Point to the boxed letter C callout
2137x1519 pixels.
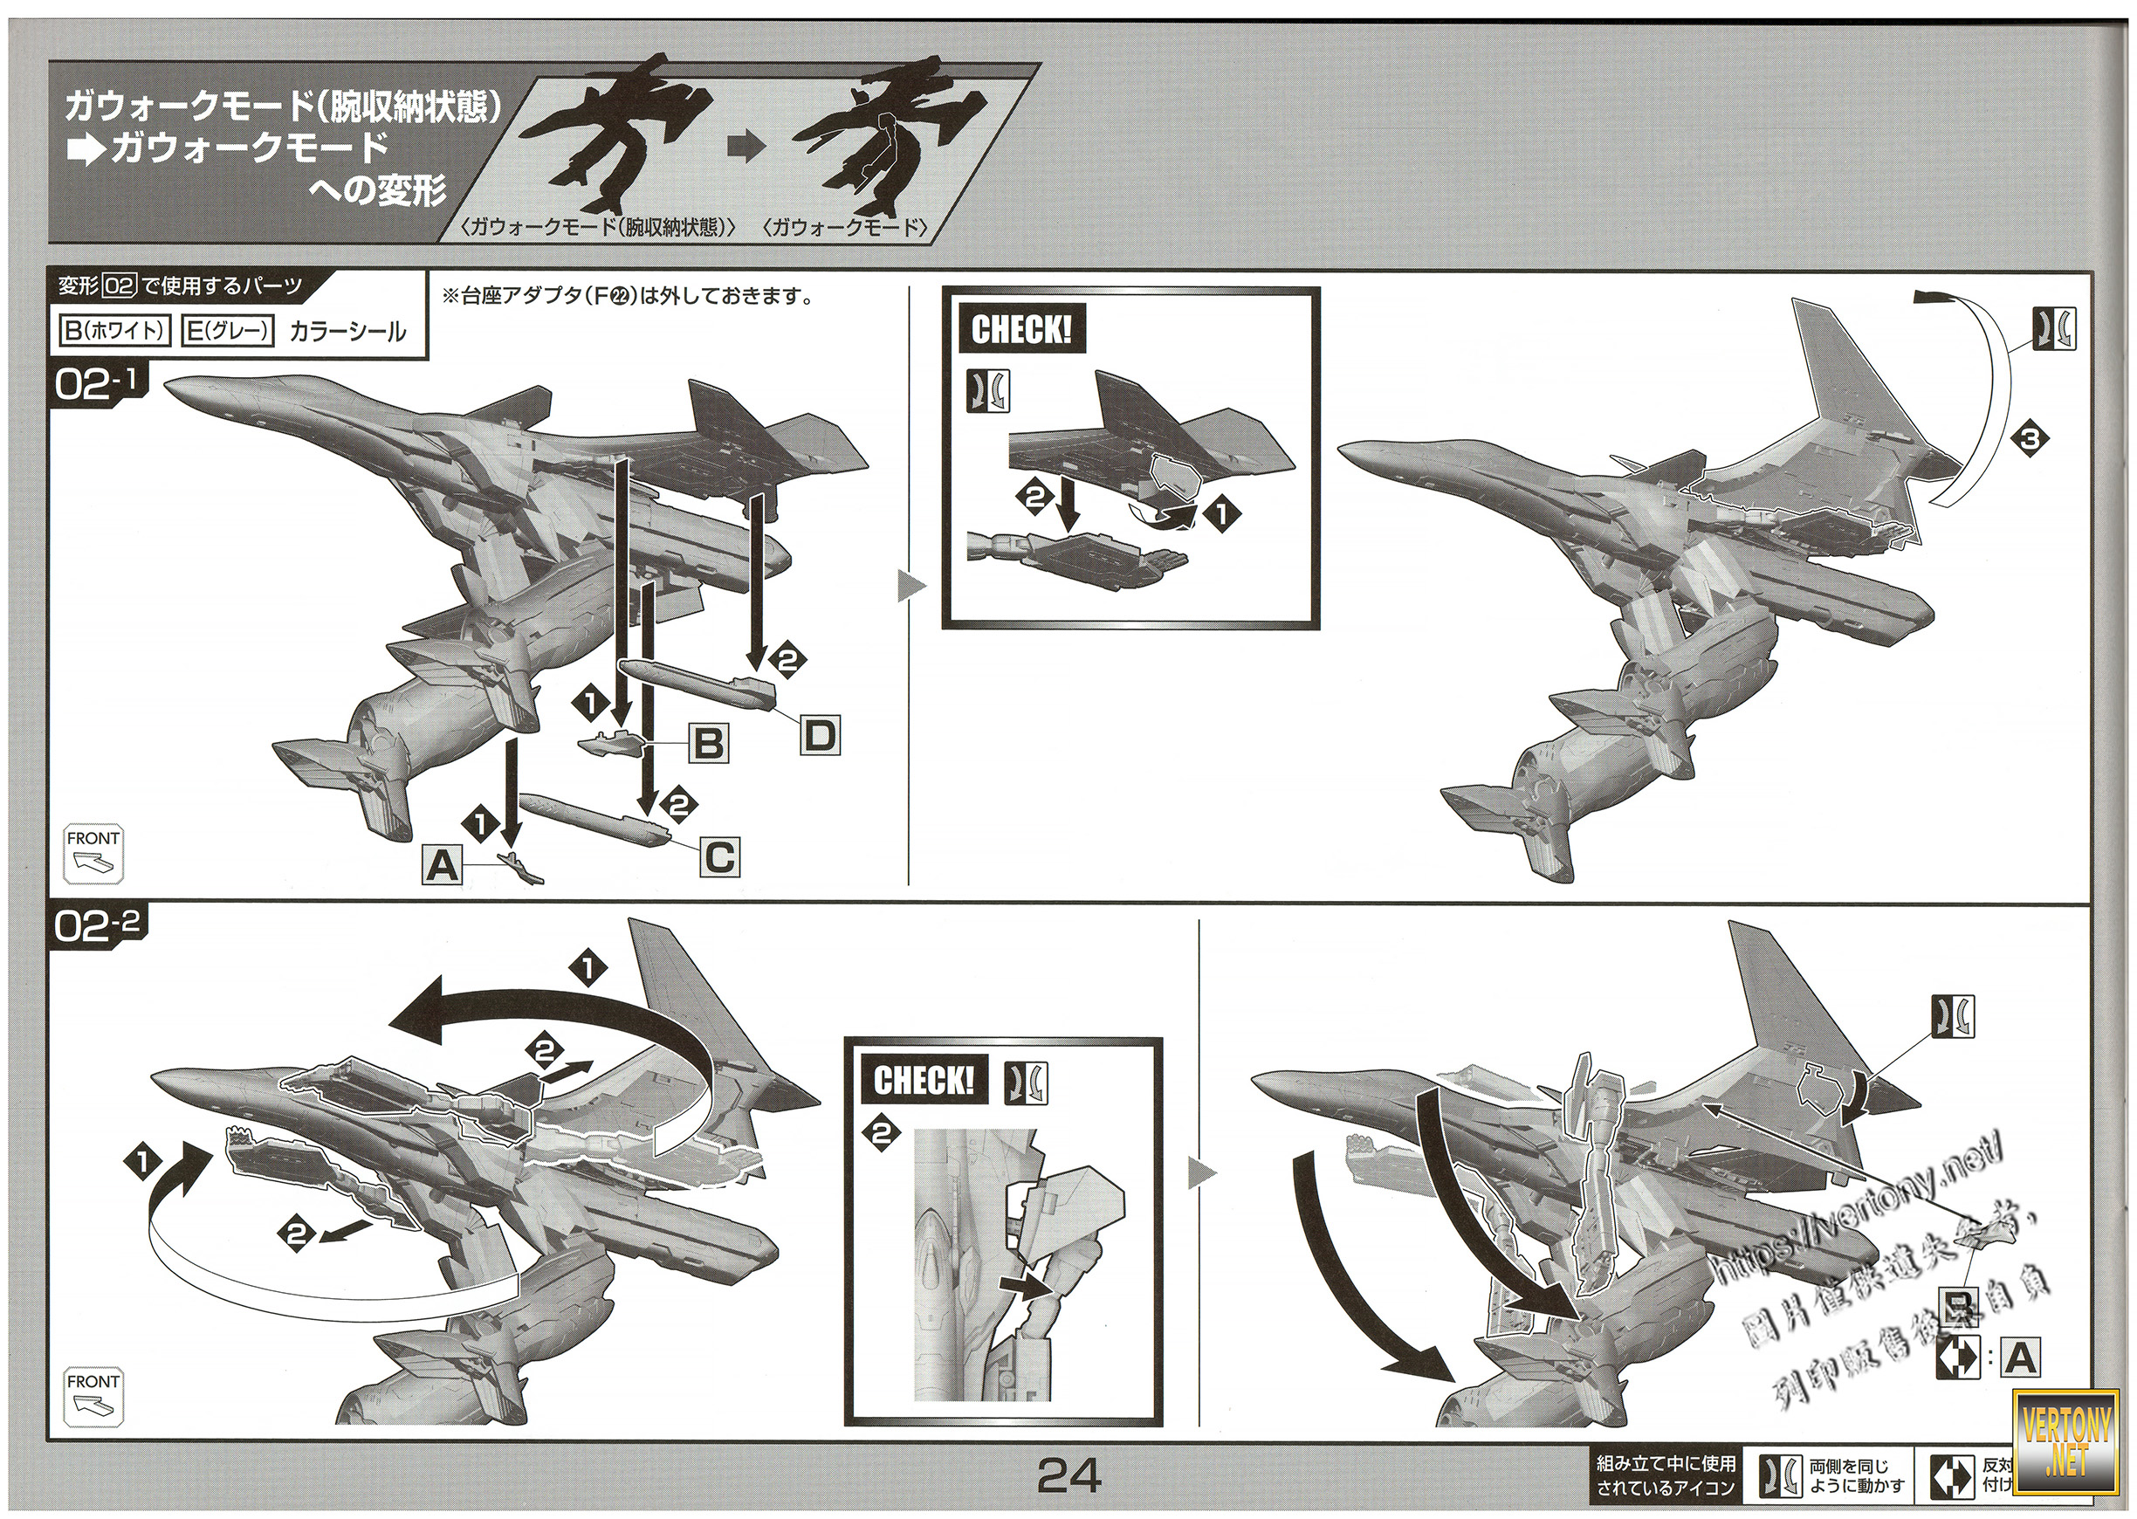718,856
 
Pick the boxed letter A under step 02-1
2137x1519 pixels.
443,865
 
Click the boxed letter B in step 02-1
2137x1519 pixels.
708,745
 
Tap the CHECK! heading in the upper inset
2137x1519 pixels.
1021,330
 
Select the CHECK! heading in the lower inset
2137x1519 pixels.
923,1082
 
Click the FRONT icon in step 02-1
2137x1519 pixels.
93,854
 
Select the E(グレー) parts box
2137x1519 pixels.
227,331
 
